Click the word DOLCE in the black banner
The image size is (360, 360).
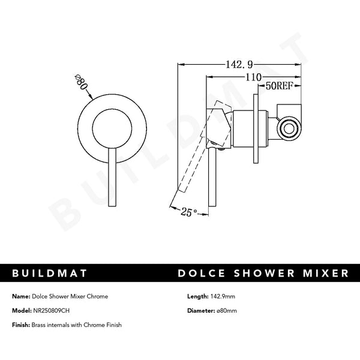point(201,274)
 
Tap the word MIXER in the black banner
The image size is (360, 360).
point(322,274)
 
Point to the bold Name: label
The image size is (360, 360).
point(20,296)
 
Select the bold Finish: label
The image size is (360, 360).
point(22,325)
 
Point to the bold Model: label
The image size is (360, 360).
point(21,310)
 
